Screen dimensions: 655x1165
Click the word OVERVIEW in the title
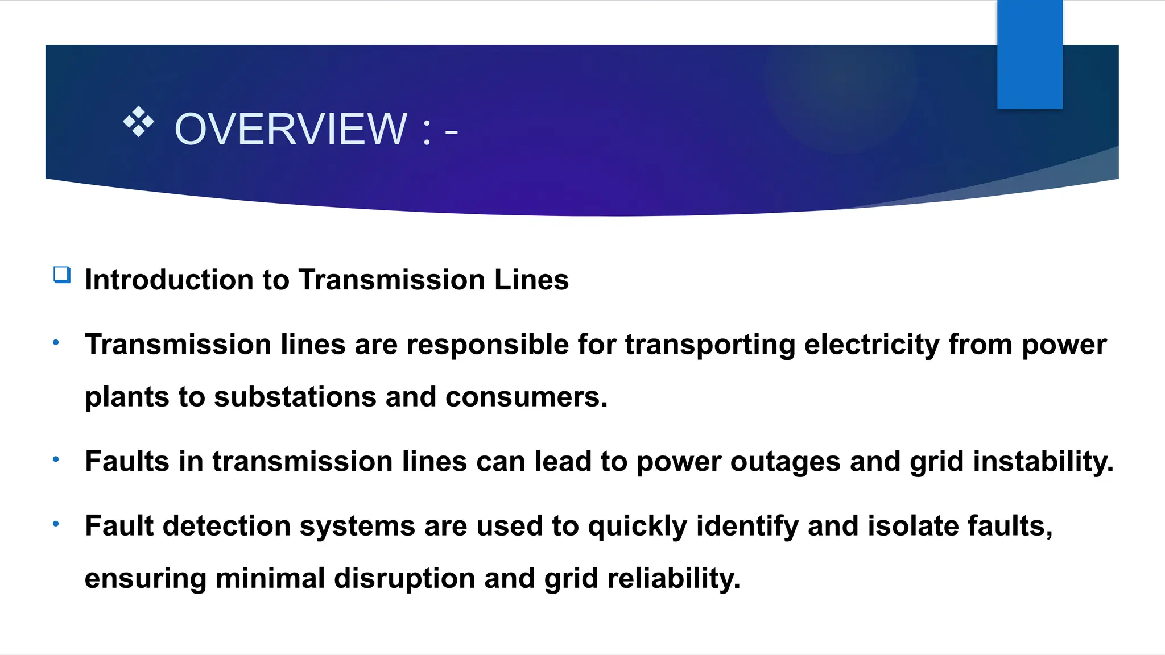click(x=291, y=129)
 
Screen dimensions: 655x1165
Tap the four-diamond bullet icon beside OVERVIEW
click(x=138, y=121)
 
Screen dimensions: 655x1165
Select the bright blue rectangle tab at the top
click(x=1030, y=54)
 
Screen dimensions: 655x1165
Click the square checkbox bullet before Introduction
click(x=62, y=275)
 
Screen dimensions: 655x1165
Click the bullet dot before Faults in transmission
click(x=56, y=459)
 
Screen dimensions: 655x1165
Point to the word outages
click(x=785, y=461)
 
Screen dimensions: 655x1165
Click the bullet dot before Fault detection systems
click(x=56, y=524)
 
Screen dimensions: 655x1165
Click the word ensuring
click(x=145, y=579)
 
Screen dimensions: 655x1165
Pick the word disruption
click(x=404, y=579)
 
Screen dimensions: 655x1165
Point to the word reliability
click(x=674, y=579)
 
